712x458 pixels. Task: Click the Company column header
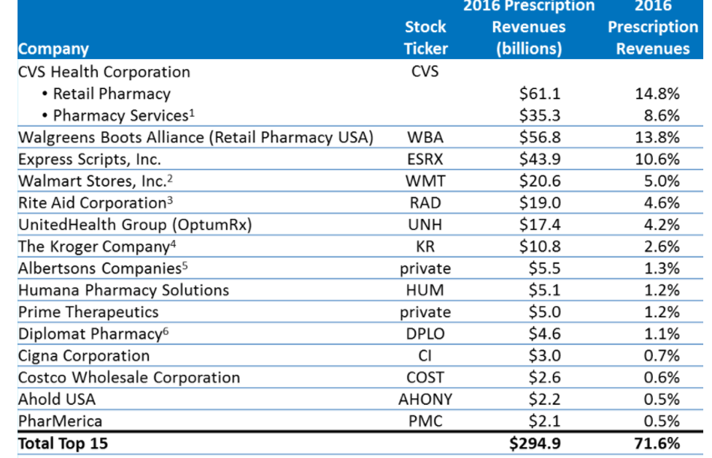pos(53,49)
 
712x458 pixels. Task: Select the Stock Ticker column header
pos(425,37)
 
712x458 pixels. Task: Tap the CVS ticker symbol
pos(425,71)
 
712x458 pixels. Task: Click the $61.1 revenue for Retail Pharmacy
pos(540,93)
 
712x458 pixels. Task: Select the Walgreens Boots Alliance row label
pos(196,137)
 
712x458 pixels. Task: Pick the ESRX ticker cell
pos(425,159)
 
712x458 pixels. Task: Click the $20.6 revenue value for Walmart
pos(540,181)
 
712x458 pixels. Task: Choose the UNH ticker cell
pos(425,225)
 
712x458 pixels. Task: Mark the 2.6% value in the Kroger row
pos(662,247)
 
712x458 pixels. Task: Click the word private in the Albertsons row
pos(425,268)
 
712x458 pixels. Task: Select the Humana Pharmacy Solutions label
pos(123,290)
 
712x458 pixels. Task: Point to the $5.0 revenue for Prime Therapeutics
pos(544,312)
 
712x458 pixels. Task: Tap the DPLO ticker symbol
pos(425,334)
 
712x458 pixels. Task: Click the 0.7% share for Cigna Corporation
pos(662,356)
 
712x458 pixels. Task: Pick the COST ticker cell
pos(425,378)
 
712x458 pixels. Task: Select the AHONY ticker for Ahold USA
pos(425,400)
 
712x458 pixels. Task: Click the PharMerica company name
pos(60,422)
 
